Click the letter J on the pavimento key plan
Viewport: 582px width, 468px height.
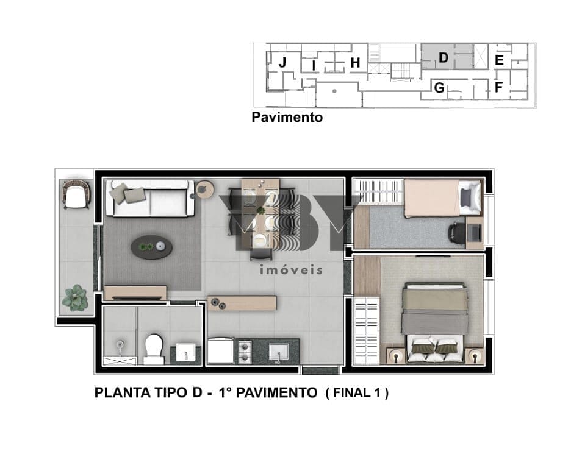282,62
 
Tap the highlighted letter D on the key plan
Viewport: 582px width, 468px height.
443,58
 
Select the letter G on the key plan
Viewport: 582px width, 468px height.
439,88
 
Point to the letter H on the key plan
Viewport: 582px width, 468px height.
355,63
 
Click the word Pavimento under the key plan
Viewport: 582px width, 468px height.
287,117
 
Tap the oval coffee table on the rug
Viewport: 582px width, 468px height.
151,247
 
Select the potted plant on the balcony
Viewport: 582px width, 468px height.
75,298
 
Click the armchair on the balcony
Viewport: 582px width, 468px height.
76,194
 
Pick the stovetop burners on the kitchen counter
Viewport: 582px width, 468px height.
245,352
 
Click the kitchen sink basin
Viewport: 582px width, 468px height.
279,352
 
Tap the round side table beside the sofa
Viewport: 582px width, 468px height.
204,190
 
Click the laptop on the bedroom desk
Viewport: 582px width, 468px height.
475,232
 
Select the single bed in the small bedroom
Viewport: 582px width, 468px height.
444,197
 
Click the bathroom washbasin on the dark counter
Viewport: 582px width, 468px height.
185,352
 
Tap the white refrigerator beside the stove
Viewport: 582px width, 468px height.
220,350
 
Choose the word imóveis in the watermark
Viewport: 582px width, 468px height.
292,269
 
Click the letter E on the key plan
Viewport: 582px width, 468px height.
499,60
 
